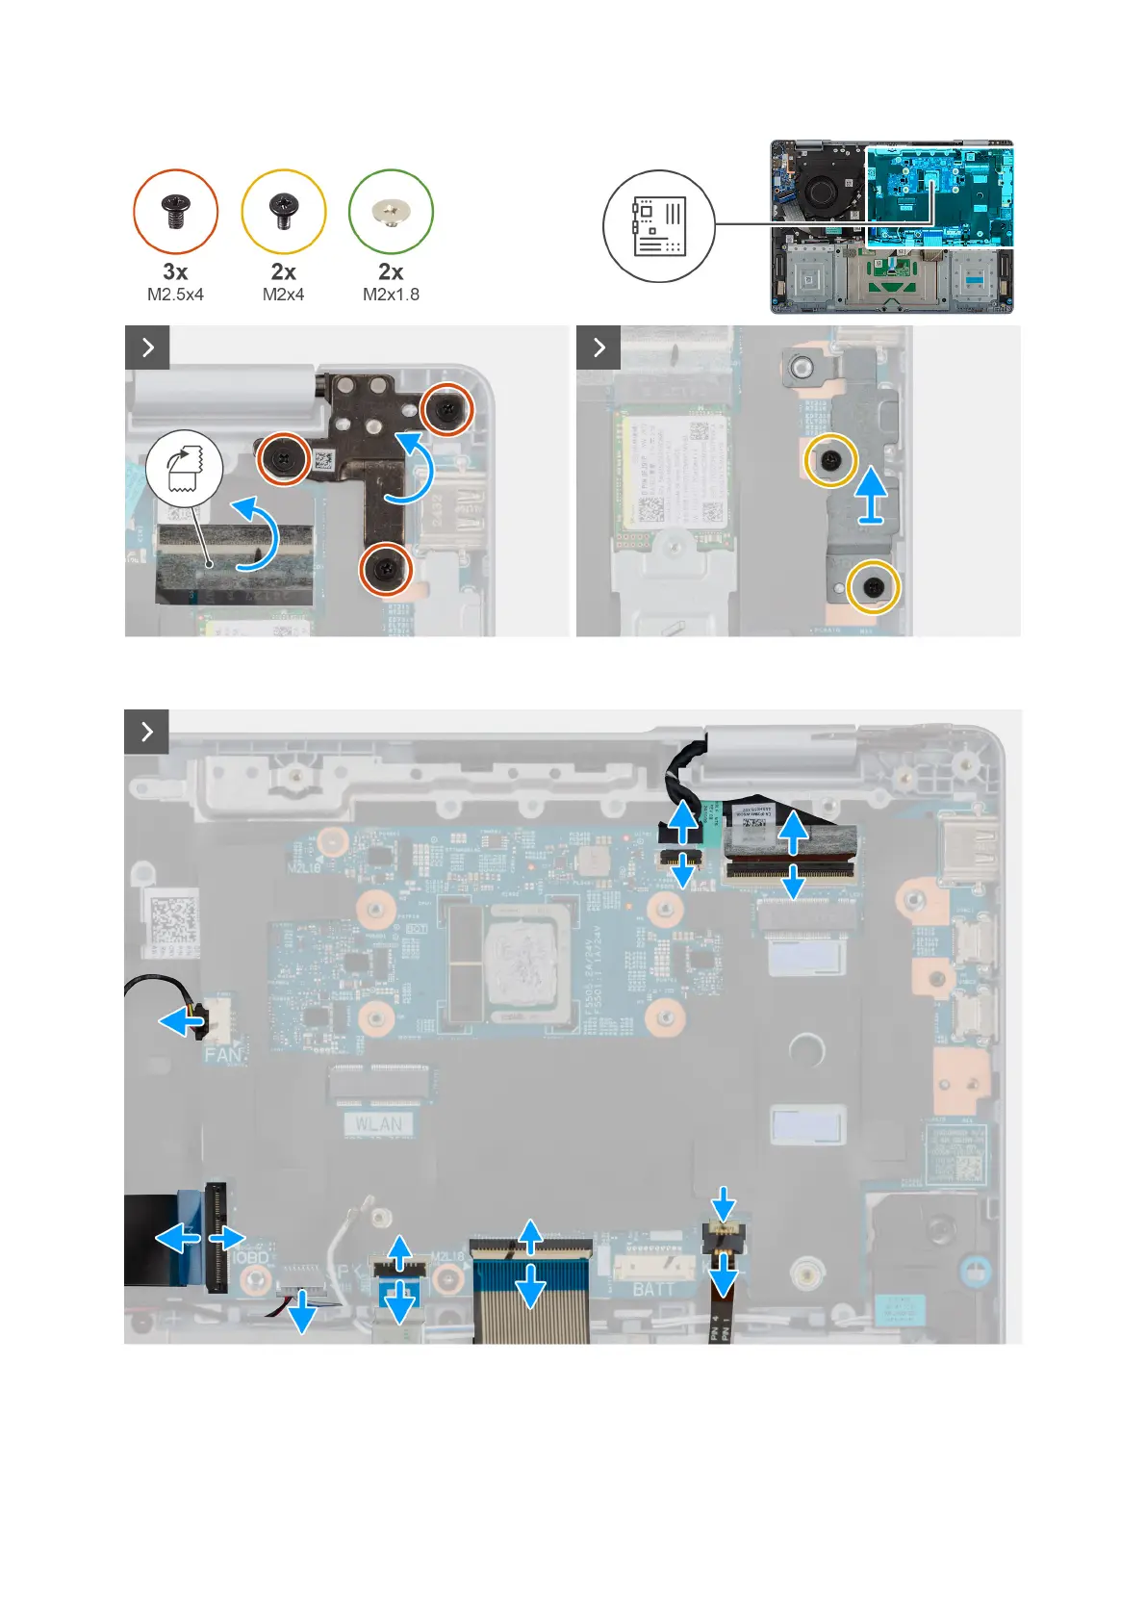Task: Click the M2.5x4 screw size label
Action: point(175,295)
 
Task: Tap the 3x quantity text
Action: point(175,271)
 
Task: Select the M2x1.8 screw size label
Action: point(391,295)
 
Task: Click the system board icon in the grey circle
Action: point(659,226)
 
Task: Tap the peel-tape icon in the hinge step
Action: point(184,468)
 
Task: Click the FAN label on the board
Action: point(223,1055)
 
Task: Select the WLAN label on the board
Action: point(379,1124)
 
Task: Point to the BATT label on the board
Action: point(653,1288)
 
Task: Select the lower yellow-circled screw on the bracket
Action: point(874,586)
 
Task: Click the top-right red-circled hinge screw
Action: point(448,409)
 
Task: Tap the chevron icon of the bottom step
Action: point(147,732)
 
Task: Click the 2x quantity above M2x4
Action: point(283,271)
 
